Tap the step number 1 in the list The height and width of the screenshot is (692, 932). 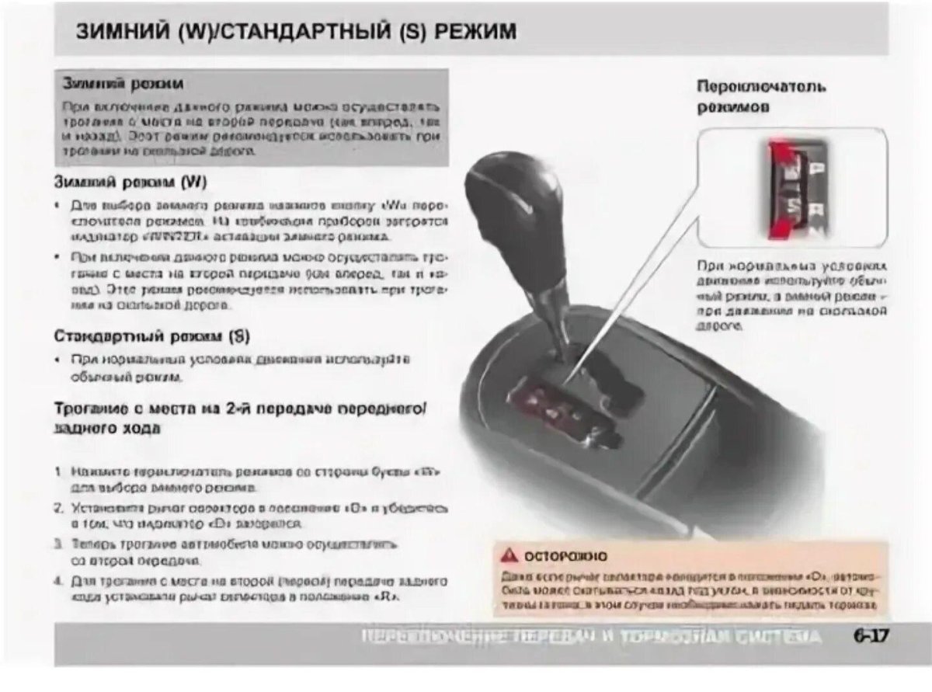click(59, 471)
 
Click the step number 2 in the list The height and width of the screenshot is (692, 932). click(59, 509)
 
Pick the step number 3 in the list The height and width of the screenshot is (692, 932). click(59, 544)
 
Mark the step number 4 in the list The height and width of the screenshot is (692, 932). click(59, 581)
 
